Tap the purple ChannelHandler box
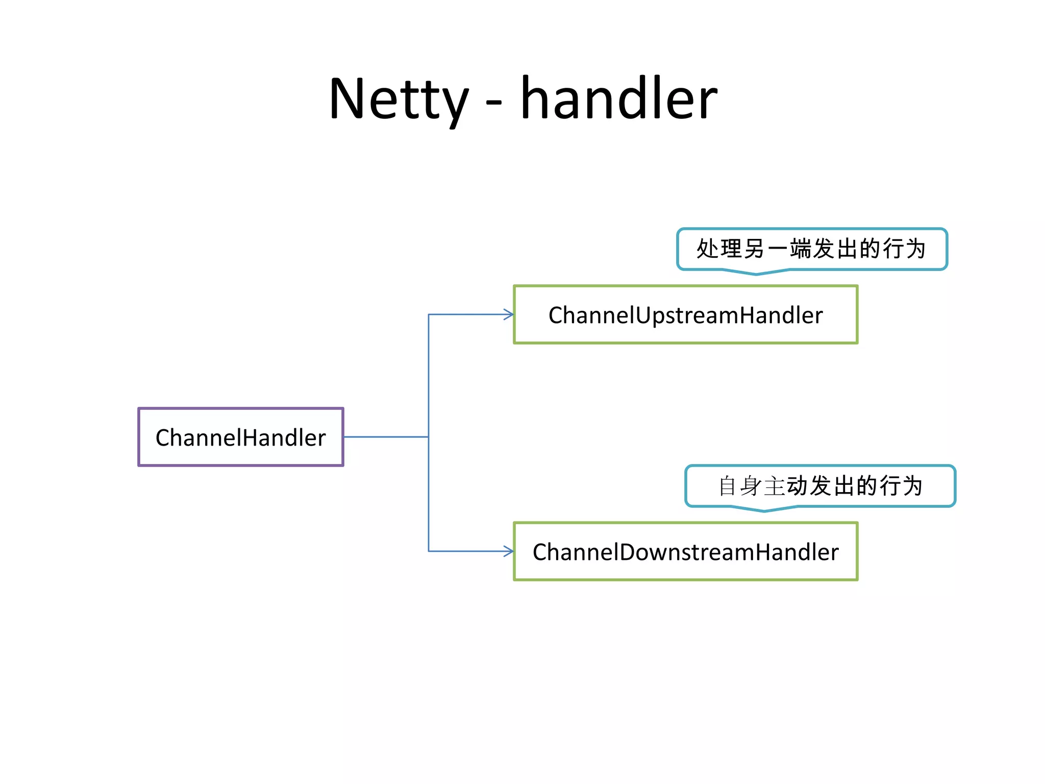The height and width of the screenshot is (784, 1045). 241,437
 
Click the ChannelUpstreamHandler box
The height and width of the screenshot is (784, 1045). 685,314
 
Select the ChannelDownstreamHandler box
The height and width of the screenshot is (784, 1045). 685,551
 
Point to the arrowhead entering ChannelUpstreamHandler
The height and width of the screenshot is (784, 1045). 509,314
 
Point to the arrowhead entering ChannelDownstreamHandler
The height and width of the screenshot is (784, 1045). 509,551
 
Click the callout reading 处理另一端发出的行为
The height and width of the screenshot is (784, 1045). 811,249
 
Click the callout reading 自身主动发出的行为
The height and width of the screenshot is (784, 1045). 820,486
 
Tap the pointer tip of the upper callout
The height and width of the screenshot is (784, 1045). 756,274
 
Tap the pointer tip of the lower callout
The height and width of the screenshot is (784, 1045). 764,511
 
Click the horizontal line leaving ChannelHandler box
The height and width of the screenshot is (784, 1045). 386,437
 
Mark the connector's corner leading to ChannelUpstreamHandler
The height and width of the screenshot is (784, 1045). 429,314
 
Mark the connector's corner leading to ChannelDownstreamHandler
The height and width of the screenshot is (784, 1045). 429,551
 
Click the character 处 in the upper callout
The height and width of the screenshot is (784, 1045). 708,249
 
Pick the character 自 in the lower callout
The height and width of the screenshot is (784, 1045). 727,486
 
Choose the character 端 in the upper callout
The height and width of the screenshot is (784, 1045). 800,249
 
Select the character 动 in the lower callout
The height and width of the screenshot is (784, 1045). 798,486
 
